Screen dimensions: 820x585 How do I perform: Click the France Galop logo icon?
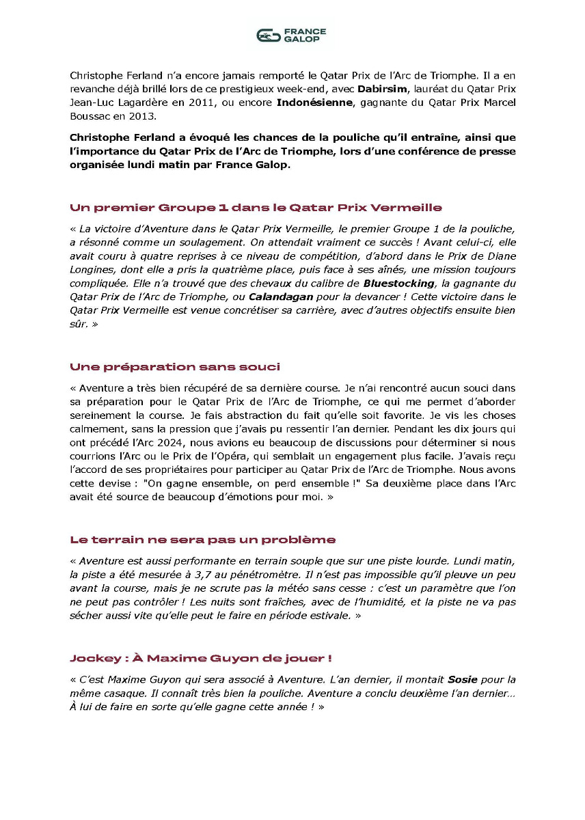pyautogui.click(x=269, y=36)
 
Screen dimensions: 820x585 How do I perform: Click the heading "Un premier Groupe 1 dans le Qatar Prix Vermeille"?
pyautogui.click(x=256, y=207)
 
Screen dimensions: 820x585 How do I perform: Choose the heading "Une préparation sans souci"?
pyautogui.click(x=175, y=367)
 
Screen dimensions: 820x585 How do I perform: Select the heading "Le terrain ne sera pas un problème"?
pyautogui.click(x=202, y=539)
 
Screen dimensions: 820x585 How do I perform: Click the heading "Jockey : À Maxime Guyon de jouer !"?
pyautogui.click(x=201, y=658)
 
